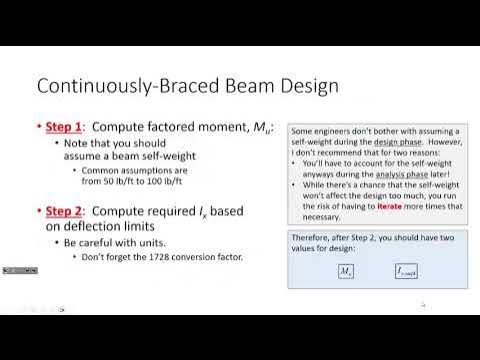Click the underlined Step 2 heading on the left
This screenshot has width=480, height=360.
[65, 211]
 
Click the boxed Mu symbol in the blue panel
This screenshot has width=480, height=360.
[347, 271]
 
